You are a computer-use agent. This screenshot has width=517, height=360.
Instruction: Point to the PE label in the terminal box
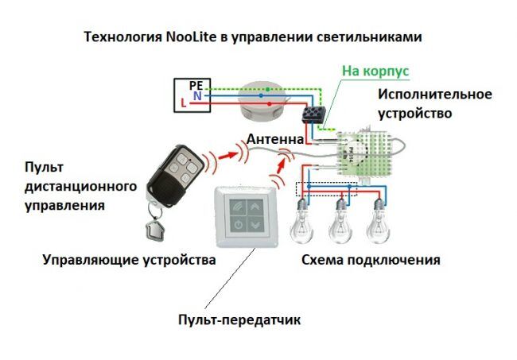coord(196,84)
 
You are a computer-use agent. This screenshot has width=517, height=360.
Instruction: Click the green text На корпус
coord(375,72)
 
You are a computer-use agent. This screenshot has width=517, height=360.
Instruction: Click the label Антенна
coord(275,139)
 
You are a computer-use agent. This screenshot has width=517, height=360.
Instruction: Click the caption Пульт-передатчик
coord(239,320)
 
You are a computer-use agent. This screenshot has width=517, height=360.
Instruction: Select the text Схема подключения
coord(370,260)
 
